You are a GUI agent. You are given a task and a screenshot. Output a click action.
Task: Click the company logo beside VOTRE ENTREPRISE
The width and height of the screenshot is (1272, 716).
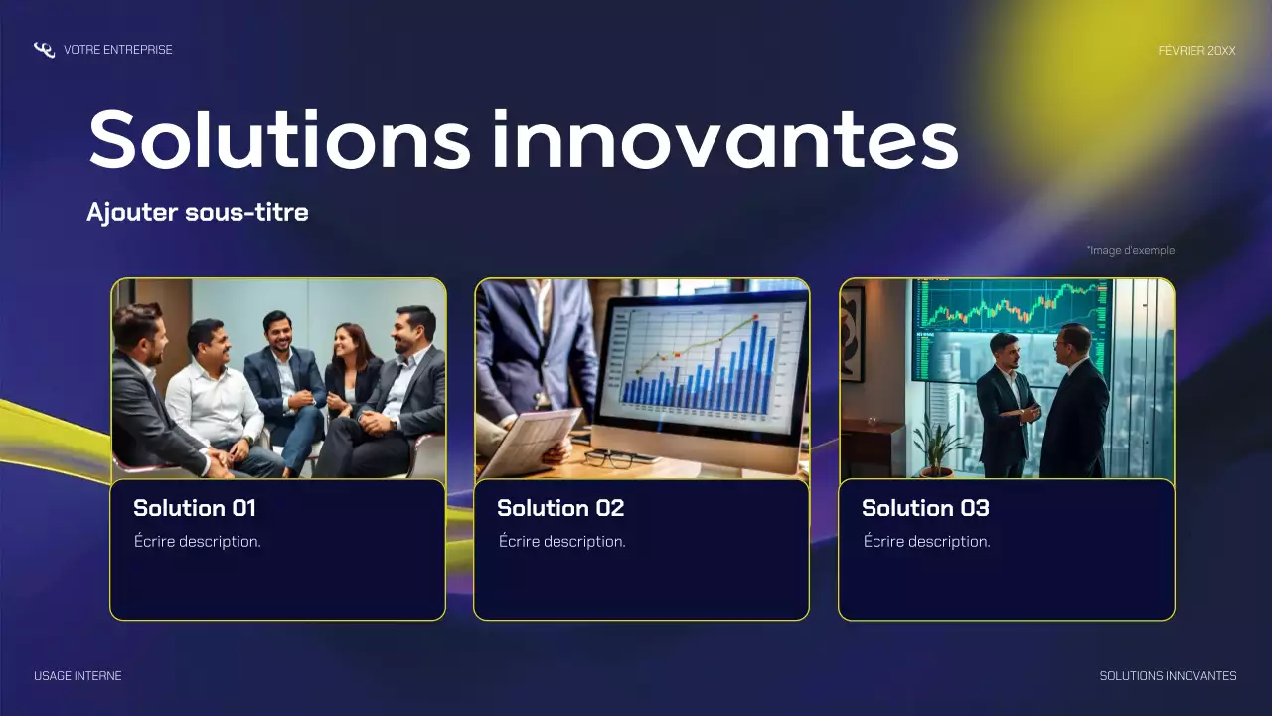pyautogui.click(x=44, y=50)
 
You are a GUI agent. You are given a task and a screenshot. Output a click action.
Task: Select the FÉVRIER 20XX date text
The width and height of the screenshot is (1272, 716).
pyautogui.click(x=1196, y=50)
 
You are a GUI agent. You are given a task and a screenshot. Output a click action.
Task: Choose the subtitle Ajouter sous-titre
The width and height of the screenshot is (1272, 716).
pyautogui.click(x=197, y=212)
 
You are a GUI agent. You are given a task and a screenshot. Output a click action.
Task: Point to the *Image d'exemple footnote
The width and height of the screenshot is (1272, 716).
pyautogui.click(x=1130, y=250)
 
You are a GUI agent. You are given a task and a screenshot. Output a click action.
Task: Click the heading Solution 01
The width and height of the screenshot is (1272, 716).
pyautogui.click(x=195, y=508)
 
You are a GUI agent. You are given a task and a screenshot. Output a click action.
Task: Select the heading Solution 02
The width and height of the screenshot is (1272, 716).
pyautogui.click(x=560, y=508)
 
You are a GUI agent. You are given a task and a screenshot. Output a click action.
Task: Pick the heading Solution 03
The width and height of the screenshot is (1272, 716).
pyautogui.click(x=925, y=508)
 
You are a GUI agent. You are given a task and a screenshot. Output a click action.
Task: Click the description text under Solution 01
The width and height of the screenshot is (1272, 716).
pyautogui.click(x=198, y=542)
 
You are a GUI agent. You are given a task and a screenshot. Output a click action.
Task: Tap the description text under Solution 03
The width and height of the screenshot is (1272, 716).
pyautogui.click(x=927, y=542)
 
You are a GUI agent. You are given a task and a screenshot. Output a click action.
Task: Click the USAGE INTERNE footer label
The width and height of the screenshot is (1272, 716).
pyautogui.click(x=78, y=676)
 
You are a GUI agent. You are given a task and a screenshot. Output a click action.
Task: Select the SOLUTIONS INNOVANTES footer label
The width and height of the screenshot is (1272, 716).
pyautogui.click(x=1168, y=676)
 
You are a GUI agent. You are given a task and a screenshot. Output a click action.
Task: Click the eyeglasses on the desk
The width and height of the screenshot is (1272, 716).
pyautogui.click(x=607, y=457)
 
